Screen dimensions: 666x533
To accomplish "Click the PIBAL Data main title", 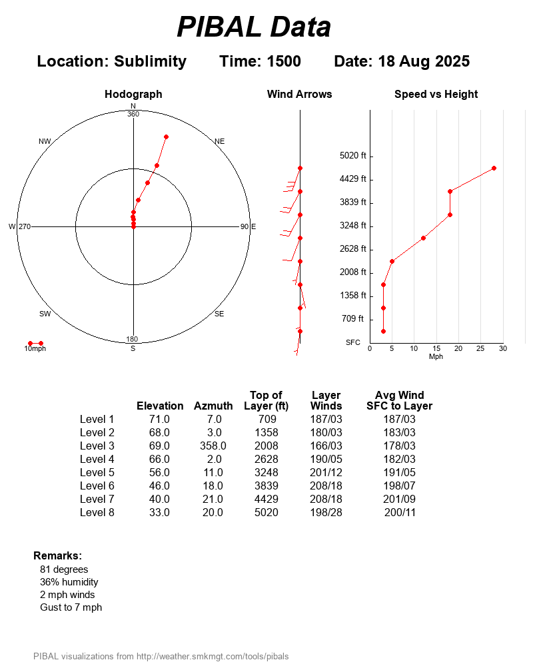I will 254,27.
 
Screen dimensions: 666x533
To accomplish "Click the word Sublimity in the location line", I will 150,61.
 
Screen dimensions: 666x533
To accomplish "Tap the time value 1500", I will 283,61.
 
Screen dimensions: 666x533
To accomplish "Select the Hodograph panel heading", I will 133,95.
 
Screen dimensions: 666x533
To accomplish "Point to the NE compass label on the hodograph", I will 220,141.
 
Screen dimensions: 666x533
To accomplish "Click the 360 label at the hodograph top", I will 133,114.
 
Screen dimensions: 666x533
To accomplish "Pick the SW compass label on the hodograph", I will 45,314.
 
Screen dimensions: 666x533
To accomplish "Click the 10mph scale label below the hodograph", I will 35,349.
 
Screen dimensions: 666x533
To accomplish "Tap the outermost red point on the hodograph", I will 166,137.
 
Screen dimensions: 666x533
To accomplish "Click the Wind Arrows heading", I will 299,95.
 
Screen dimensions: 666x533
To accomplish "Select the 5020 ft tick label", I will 353,156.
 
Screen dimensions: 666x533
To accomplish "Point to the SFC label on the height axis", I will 353,342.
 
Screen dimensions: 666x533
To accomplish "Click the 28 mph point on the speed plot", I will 494,168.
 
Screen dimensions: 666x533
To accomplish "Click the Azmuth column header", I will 213,406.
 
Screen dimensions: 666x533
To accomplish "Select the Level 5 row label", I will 97,472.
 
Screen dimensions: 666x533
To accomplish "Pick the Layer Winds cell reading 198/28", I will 326,512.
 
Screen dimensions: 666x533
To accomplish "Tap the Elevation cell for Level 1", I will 159,419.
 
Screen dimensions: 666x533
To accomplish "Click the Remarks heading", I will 57,555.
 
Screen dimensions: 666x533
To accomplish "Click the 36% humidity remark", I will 69,582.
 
